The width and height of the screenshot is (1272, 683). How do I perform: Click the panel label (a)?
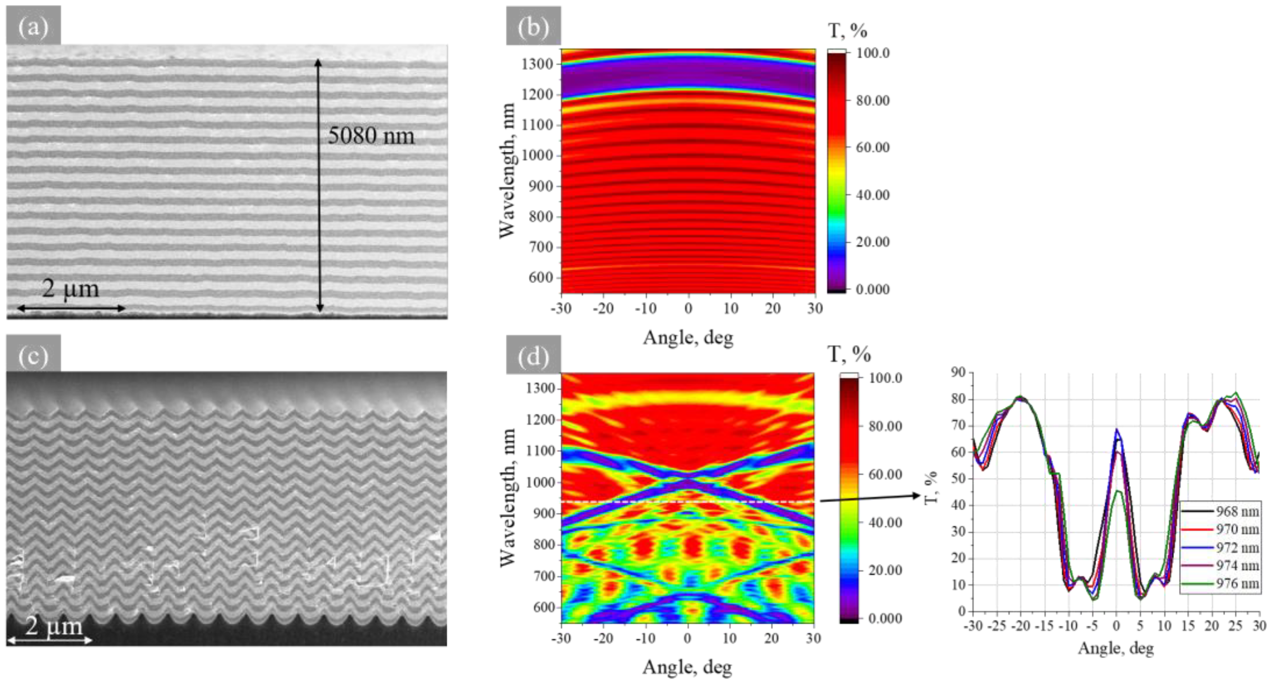click(33, 26)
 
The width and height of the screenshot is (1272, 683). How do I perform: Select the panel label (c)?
click(33, 355)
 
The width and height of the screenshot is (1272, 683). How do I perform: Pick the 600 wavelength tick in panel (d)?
click(541, 607)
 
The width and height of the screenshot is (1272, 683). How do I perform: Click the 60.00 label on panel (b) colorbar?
click(873, 147)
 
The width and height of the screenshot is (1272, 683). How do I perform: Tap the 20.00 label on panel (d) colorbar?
click(885, 570)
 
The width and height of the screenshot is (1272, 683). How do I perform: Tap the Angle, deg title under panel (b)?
click(688, 338)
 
